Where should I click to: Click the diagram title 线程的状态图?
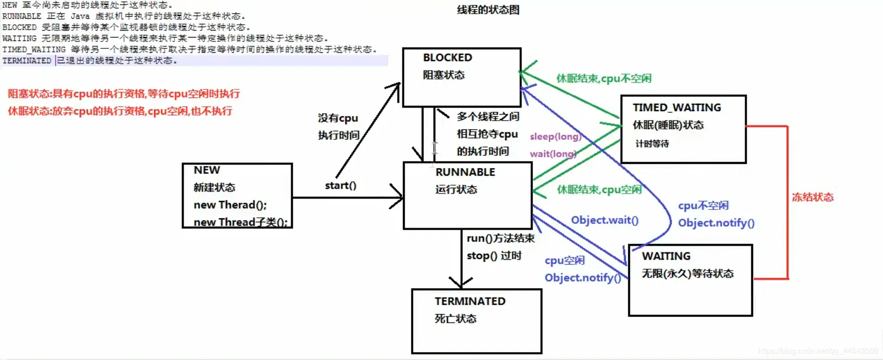[488, 10]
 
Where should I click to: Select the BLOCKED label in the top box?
[447, 58]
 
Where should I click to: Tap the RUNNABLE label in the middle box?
[465, 172]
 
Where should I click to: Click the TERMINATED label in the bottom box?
[470, 301]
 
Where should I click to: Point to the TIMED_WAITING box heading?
[677, 108]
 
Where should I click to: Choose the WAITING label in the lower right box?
[666, 256]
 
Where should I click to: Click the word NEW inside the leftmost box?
[206, 170]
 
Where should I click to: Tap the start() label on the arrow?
[340, 186]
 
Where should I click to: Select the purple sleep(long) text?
[555, 137]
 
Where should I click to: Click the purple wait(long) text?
[553, 154]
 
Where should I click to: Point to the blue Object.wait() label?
[604, 220]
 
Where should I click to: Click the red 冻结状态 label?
[812, 198]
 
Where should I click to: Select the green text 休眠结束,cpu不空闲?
[603, 79]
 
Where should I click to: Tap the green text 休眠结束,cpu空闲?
[599, 190]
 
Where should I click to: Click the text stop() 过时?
[494, 256]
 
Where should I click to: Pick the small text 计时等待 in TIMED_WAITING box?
[652, 144]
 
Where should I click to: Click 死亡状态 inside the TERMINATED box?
[455, 319]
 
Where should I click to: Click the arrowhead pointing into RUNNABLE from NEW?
[398, 198]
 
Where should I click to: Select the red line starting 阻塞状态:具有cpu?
[123, 94]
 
